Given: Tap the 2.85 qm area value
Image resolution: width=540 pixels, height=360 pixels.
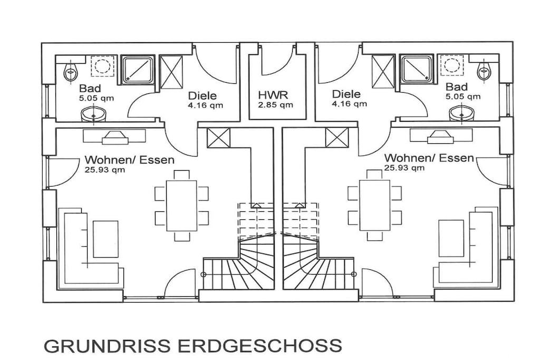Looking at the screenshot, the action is click(x=275, y=105).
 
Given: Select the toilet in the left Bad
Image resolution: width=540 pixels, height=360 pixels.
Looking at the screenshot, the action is click(x=70, y=72).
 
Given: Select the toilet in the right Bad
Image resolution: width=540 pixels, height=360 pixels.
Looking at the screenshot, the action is click(x=484, y=71).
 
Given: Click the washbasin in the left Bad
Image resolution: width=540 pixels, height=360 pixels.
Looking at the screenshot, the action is click(x=94, y=114).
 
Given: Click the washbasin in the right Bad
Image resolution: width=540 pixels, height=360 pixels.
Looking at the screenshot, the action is click(x=462, y=113).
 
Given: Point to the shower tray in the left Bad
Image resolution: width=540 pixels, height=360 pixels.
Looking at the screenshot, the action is click(x=138, y=70).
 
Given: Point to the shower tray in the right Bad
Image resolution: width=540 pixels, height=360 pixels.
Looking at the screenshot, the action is click(x=417, y=70).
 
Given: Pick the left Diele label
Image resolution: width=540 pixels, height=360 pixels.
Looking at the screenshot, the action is click(x=202, y=96).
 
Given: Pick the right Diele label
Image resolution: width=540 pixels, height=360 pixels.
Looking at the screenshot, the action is click(x=346, y=94).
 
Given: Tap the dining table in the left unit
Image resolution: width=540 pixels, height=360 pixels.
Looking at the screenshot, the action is click(x=182, y=206).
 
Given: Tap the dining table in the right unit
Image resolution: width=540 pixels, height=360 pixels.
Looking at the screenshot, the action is click(x=375, y=205).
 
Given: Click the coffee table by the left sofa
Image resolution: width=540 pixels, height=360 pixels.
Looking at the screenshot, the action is click(x=105, y=239).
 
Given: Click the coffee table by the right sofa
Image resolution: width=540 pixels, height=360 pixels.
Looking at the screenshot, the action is click(x=451, y=239).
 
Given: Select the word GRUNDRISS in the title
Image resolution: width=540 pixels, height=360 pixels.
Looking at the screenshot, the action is click(x=107, y=346).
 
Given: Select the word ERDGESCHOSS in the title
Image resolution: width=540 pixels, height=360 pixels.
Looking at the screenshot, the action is click(x=259, y=346).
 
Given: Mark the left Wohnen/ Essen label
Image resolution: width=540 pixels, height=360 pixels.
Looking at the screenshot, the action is click(x=130, y=160).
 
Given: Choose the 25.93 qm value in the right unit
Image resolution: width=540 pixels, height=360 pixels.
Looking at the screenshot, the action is click(x=404, y=168).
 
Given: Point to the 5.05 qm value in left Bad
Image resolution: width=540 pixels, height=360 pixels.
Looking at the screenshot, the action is click(x=97, y=99).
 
